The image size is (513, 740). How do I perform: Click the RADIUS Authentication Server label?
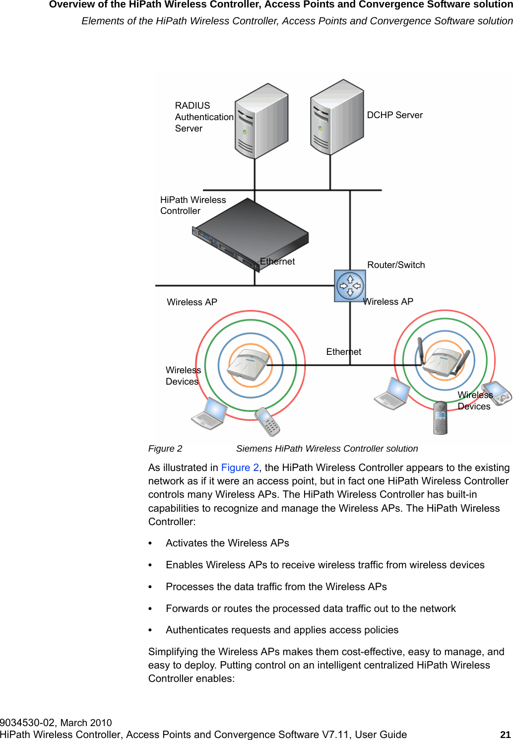click(x=203, y=117)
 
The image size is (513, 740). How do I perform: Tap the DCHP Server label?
click(x=394, y=115)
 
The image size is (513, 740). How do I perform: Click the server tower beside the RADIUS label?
click(x=261, y=121)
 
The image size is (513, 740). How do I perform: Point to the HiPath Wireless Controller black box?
click(x=251, y=233)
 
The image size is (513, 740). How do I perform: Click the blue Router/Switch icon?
click(x=350, y=286)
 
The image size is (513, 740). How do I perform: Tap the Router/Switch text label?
click(x=396, y=265)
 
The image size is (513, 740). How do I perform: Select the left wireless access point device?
click(x=250, y=365)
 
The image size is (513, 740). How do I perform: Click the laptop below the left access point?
click(x=209, y=413)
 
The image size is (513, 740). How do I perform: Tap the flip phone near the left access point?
click(x=267, y=421)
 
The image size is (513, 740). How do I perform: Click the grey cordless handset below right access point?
click(x=440, y=418)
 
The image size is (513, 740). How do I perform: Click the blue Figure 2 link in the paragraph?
click(x=240, y=468)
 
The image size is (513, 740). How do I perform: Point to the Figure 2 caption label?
click(x=165, y=449)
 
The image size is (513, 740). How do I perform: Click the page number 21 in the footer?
click(x=505, y=735)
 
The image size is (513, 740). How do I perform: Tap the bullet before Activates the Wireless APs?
click(x=150, y=543)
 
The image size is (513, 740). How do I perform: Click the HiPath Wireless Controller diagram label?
click(x=192, y=205)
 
